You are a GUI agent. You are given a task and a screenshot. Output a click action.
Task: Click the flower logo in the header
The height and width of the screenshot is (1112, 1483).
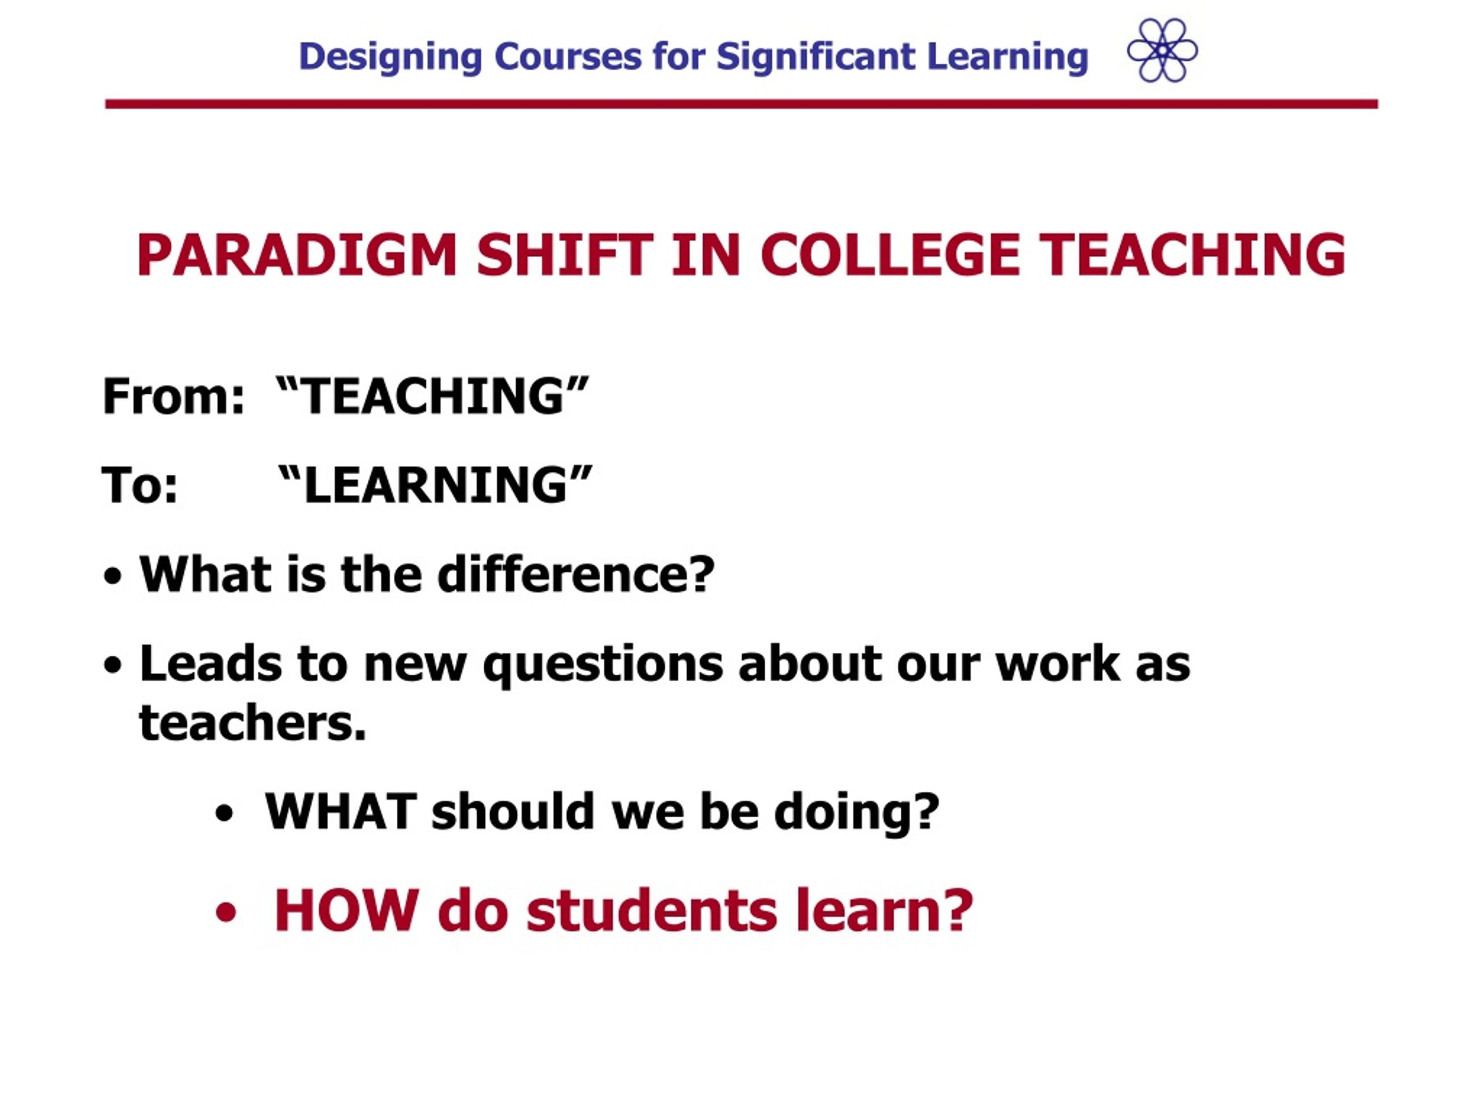pyautogui.click(x=1162, y=50)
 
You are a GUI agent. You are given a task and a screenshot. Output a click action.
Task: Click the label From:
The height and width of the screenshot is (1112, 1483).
pyautogui.click(x=174, y=396)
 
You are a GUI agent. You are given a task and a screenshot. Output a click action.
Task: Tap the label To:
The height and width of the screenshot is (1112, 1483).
pyautogui.click(x=140, y=485)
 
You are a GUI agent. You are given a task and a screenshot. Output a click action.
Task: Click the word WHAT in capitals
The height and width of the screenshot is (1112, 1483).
pyautogui.click(x=341, y=812)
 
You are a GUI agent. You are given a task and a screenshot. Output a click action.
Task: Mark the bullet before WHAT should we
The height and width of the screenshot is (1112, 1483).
pyautogui.click(x=224, y=814)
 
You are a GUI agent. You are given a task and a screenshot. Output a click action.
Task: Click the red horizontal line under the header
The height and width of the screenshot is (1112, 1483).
pyautogui.click(x=741, y=104)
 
